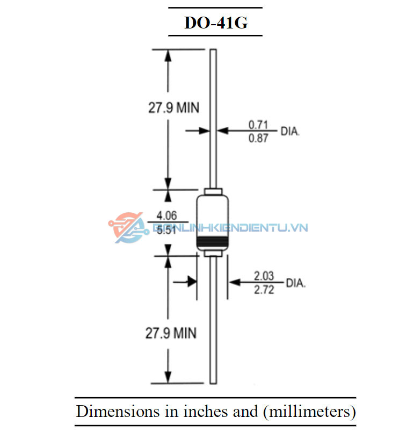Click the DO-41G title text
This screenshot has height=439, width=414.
point(215,23)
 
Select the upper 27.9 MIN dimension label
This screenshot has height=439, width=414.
point(173,108)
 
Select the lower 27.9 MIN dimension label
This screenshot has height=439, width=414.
point(171,333)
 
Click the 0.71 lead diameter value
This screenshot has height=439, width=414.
point(258,125)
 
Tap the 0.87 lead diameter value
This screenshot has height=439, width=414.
point(258,138)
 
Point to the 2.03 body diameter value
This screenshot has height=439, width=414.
point(264,276)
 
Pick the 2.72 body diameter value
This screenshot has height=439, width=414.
point(264,290)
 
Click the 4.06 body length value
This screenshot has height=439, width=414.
point(166,216)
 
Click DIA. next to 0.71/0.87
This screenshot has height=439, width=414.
point(290,131)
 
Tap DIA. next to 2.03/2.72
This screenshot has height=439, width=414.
point(295,283)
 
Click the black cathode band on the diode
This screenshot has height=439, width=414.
point(213,242)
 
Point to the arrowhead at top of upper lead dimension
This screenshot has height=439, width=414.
point(169,54)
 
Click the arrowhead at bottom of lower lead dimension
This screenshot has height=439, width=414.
point(169,378)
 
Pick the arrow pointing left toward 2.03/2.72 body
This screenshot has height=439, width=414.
point(235,281)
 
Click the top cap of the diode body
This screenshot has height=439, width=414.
point(213,192)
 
